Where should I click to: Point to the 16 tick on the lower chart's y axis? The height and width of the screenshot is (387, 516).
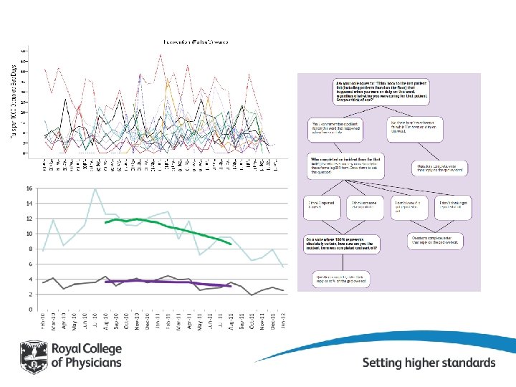click(29, 188)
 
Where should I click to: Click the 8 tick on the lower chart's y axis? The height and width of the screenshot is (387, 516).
click(31, 249)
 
